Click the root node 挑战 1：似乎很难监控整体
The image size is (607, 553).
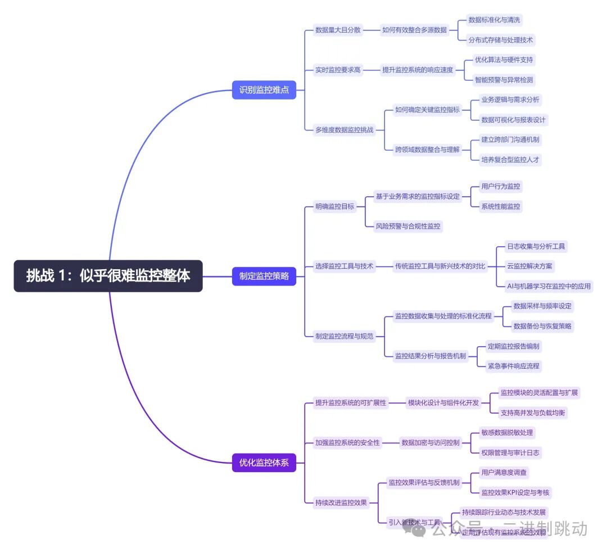108,276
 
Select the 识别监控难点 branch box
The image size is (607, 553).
264,90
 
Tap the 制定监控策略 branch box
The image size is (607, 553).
264,276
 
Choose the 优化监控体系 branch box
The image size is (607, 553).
264,463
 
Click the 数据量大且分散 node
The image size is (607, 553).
338,30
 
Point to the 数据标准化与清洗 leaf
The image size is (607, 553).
495,20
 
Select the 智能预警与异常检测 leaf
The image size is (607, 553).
504,80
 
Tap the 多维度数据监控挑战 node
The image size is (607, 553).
344,130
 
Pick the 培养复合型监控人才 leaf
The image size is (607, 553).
510,160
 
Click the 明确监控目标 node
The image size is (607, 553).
335,206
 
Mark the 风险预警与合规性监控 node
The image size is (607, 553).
409,226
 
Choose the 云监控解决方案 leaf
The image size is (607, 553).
529,266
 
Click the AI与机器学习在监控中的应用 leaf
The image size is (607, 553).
549,286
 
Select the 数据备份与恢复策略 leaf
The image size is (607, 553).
543,326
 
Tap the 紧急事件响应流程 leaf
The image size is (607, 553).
514,366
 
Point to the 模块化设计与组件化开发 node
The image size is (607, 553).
443,402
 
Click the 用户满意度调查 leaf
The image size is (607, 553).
504,473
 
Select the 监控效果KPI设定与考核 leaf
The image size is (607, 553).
515,493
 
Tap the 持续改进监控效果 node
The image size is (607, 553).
341,502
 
